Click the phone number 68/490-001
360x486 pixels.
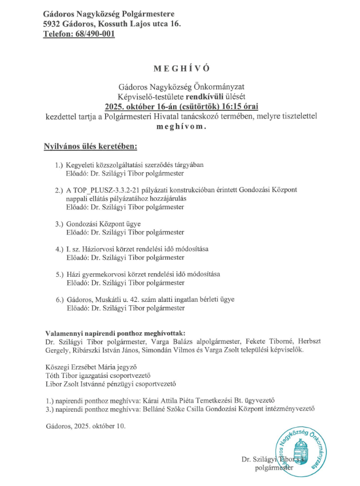pos(94,34)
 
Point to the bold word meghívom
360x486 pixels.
pos(180,126)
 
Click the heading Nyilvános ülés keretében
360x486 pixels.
pos(91,147)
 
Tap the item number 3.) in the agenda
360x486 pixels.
pos(59,224)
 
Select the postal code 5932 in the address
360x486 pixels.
pos(53,23)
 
